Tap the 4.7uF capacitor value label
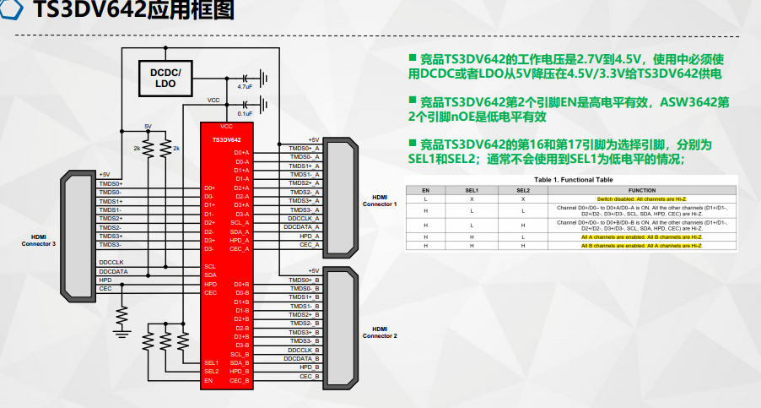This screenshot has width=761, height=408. (245, 87)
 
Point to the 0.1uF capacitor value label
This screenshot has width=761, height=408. (245, 113)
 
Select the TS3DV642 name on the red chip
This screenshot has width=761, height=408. (226, 139)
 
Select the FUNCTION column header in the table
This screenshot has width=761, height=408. (629, 190)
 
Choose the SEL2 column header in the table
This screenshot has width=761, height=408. (523, 190)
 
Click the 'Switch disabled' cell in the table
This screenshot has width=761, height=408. (629, 199)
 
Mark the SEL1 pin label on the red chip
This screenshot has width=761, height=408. (211, 362)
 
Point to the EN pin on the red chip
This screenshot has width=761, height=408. (208, 380)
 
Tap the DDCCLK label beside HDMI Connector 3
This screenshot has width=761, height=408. (111, 262)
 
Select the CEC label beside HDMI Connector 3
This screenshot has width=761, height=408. (105, 289)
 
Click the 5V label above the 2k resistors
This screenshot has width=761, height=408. (148, 126)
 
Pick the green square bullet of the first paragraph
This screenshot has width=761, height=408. (413, 57)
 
